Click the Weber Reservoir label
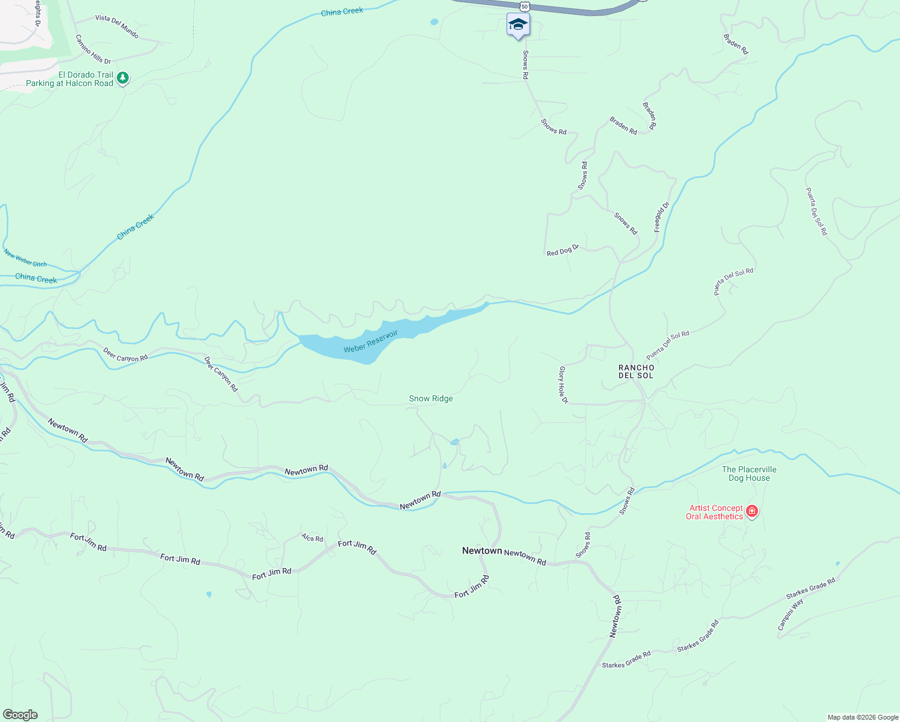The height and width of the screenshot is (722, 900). pyautogui.click(x=371, y=342)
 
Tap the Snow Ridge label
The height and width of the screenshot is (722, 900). pyautogui.click(x=431, y=398)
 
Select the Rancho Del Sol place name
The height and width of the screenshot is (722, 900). pyautogui.click(x=636, y=371)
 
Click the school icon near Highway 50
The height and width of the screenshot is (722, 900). pyautogui.click(x=518, y=25)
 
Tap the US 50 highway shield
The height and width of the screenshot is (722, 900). pyautogui.click(x=525, y=6)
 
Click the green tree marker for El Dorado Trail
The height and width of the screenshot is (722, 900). pyautogui.click(x=123, y=78)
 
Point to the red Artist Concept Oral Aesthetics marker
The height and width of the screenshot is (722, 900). pyautogui.click(x=751, y=511)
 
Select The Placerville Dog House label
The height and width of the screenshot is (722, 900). pyautogui.click(x=749, y=474)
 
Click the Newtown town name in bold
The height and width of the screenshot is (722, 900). pyautogui.click(x=482, y=551)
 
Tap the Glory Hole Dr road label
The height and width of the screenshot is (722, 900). pyautogui.click(x=564, y=384)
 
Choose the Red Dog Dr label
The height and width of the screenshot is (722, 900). pyautogui.click(x=562, y=250)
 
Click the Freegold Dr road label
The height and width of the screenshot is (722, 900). pyautogui.click(x=662, y=217)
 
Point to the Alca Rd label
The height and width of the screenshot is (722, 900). pyautogui.click(x=312, y=538)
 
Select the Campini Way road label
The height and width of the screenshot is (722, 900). pyautogui.click(x=790, y=614)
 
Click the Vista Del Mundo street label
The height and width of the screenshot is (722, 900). pyautogui.click(x=117, y=26)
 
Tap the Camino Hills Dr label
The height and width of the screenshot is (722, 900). pyautogui.click(x=93, y=49)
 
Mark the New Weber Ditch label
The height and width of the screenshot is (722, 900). pyautogui.click(x=25, y=258)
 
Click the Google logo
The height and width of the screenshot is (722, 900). pyautogui.click(x=20, y=715)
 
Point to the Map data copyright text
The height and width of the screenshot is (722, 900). pyautogui.click(x=862, y=717)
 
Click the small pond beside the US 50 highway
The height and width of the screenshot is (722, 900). pyautogui.click(x=434, y=22)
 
